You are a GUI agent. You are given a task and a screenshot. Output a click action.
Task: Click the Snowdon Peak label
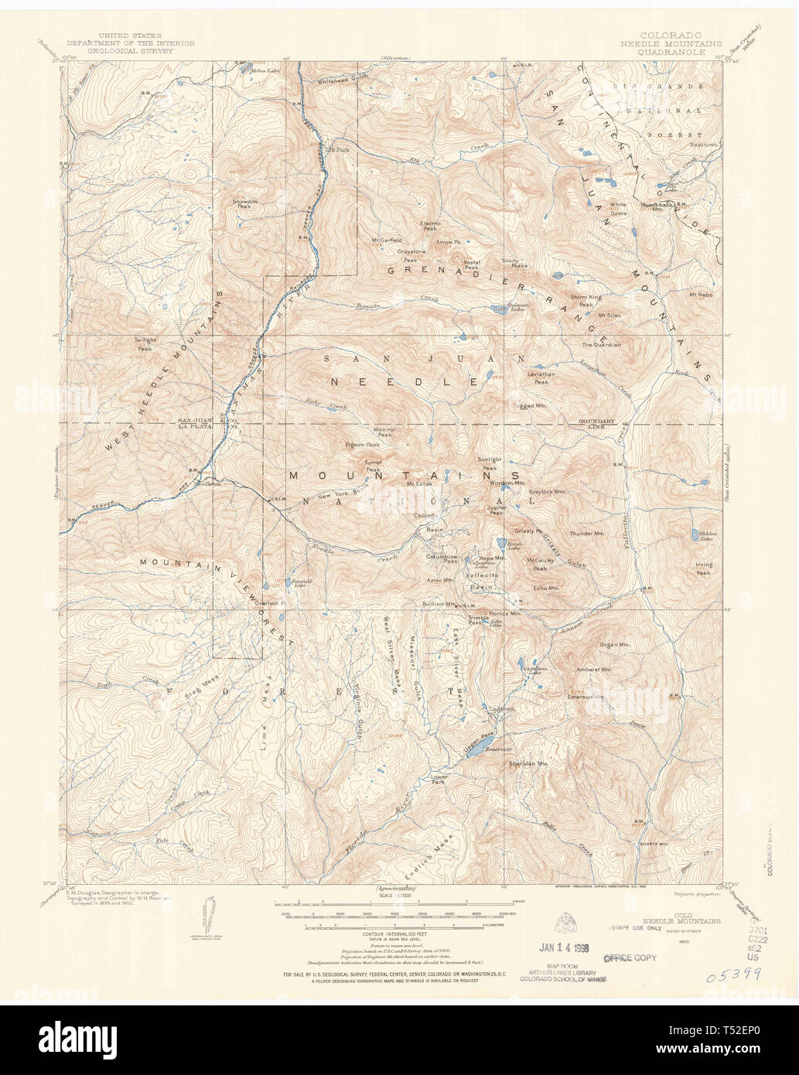(x=245, y=203)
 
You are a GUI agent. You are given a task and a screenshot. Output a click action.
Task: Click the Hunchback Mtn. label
(x=658, y=205)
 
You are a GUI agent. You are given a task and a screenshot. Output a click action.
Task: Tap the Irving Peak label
(x=703, y=568)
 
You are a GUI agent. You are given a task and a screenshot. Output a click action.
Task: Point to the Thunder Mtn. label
(x=586, y=534)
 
